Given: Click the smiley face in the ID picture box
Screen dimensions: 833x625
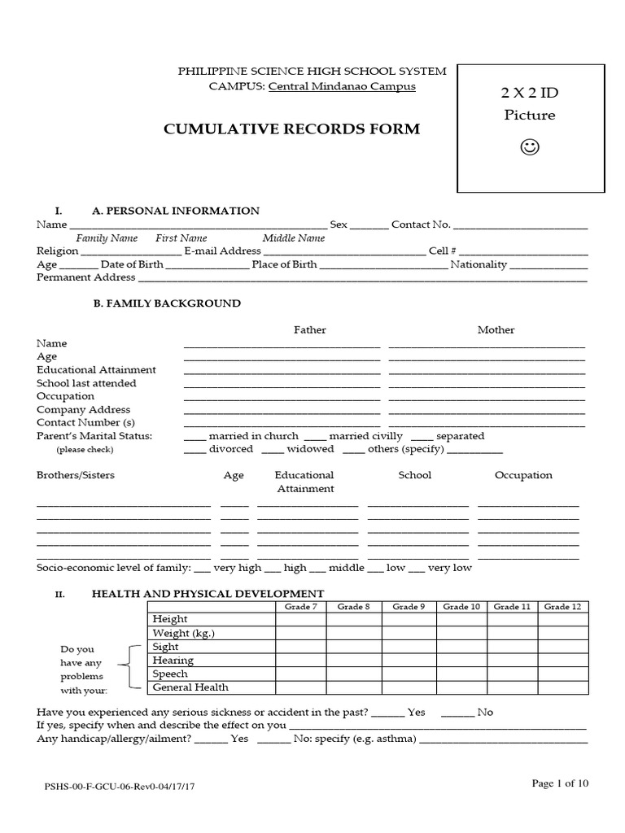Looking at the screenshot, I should point(529,147).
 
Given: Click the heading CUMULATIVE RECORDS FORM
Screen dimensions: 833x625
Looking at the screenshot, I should point(293,129).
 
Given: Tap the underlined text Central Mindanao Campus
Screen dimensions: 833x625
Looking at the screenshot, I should point(342,86).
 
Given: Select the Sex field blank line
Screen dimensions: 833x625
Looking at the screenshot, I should point(369,225).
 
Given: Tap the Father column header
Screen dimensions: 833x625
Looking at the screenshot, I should point(309,329).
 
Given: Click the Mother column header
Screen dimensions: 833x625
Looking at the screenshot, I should point(496,329).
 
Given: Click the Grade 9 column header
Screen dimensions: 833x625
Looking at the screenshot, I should point(409,607).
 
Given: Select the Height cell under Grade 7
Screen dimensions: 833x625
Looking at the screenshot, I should point(301,620).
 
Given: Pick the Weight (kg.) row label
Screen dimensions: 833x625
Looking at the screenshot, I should point(184,633).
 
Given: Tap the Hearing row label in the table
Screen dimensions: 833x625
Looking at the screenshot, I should point(173,661).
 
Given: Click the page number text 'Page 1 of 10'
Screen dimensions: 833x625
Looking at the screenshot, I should point(560,783).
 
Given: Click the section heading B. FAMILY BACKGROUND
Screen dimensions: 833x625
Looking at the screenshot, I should point(166,303).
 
